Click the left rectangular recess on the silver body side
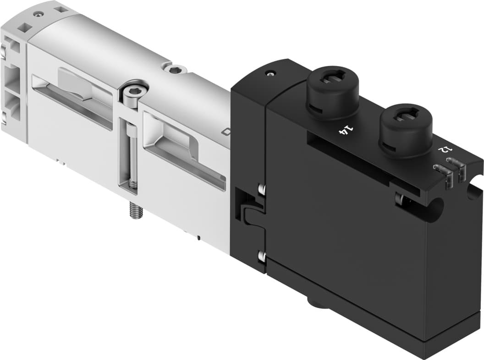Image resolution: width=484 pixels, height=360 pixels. (x=73, y=99)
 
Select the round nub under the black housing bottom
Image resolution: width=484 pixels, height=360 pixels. (x=316, y=303)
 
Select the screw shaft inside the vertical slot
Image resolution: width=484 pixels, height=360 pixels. (x=131, y=151)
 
